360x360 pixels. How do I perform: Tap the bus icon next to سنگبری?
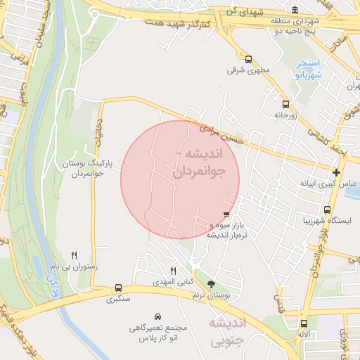(x=117, y=288)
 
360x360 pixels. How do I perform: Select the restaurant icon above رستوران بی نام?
(x=75, y=255)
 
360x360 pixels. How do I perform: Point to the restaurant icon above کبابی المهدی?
(x=174, y=271)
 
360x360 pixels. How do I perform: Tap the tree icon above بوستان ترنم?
(x=212, y=285)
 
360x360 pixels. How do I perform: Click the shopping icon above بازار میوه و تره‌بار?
(x=226, y=214)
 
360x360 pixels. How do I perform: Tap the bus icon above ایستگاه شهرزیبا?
(x=328, y=210)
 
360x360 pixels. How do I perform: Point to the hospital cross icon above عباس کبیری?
(x=337, y=172)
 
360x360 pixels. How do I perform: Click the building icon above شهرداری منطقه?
(x=294, y=11)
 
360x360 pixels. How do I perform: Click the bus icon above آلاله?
(x=304, y=324)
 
